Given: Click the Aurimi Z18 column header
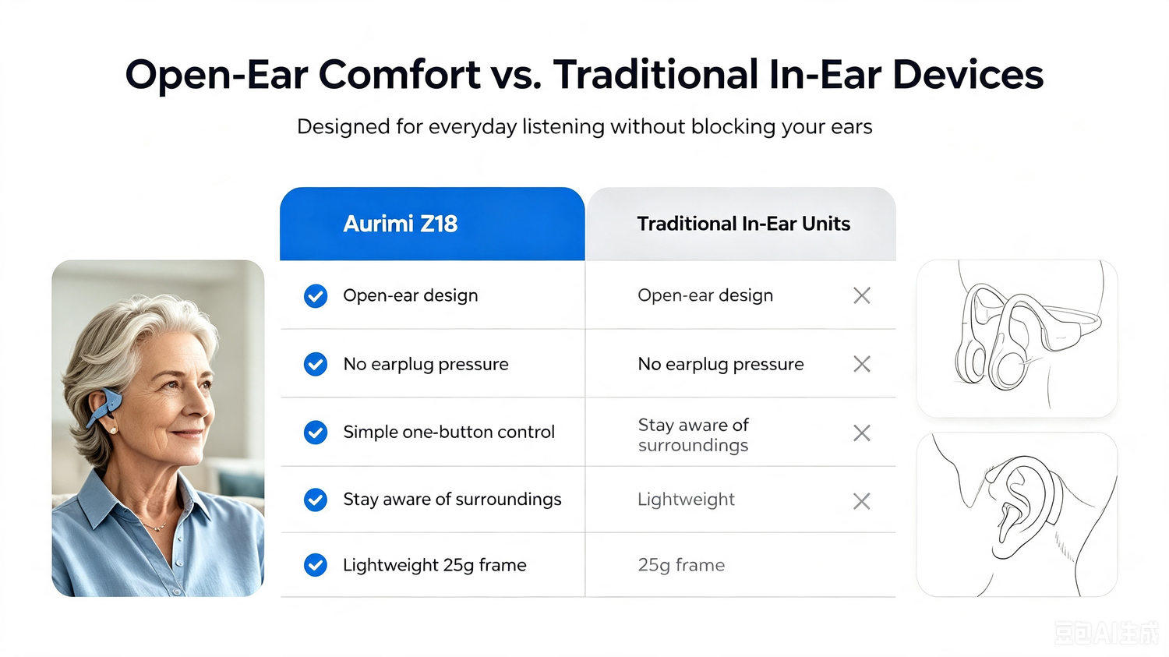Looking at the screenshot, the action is click(x=401, y=224).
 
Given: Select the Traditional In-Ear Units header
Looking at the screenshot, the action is click(x=743, y=224).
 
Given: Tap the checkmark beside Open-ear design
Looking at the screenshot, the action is click(x=316, y=296).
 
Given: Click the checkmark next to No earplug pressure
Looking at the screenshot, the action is click(x=316, y=364).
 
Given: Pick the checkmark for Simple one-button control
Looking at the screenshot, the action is click(x=316, y=433).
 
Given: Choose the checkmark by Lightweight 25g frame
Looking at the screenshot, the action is click(x=316, y=565).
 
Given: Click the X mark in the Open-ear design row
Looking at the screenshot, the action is click(x=862, y=295).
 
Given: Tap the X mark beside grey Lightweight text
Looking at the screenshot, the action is click(x=862, y=501).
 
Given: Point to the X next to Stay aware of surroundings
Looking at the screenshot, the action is click(x=862, y=433).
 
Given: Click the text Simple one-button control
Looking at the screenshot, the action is click(x=449, y=432).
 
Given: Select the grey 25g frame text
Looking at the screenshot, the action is click(x=681, y=565).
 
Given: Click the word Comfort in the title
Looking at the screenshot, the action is click(x=399, y=74).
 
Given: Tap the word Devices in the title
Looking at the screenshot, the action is click(x=968, y=74).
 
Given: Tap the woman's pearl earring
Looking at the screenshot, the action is click(x=113, y=430).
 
